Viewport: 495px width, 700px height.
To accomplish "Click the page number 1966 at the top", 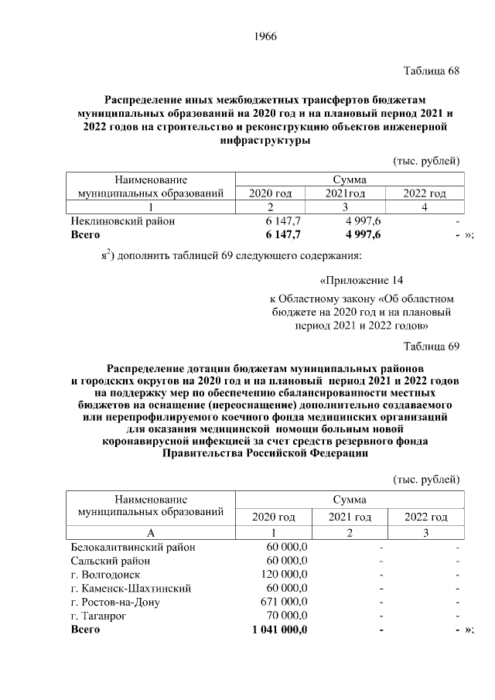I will pos(265,36).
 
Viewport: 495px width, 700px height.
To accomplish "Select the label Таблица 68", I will pos(432,71).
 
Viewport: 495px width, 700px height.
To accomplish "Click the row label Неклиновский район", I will pos(123,220).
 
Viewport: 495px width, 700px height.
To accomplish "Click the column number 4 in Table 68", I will pos(425,207).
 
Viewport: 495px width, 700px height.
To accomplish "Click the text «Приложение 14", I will pos(361,280).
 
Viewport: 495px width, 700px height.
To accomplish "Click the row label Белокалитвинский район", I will pos(132,547).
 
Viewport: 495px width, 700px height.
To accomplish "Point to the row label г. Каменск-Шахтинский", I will pos(130,589).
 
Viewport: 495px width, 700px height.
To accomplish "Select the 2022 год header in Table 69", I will pos(426,517).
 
